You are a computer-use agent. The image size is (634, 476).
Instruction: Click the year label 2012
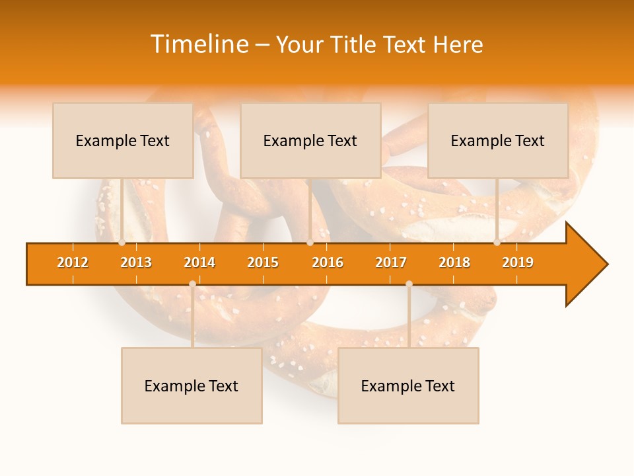(x=73, y=262)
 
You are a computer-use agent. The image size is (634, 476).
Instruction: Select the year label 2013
(x=136, y=262)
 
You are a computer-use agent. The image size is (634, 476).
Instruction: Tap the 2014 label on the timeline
(x=199, y=262)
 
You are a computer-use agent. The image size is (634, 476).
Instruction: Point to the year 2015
(x=263, y=262)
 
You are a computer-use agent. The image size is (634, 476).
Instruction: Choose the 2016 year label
(x=328, y=262)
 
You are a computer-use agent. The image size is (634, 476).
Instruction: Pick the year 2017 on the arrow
(x=391, y=262)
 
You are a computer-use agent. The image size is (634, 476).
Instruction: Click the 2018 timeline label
(x=454, y=262)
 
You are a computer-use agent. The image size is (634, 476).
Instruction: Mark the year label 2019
(x=518, y=262)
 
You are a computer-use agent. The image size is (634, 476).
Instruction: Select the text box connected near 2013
(x=123, y=141)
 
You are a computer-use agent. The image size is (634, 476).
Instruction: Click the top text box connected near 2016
(x=310, y=141)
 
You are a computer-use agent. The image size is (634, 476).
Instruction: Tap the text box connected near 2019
(x=498, y=141)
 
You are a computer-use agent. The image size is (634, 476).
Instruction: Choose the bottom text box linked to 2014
(x=192, y=386)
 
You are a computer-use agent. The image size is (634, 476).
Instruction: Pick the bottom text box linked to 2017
(x=408, y=386)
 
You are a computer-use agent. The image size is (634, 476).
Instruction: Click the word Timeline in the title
(x=199, y=44)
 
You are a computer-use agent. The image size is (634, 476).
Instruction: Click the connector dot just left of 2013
(x=122, y=243)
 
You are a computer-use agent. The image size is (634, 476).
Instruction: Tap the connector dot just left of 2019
(x=497, y=243)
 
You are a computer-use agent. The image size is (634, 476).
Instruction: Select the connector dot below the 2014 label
(x=192, y=284)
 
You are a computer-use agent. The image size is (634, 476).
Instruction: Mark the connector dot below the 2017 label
(x=409, y=284)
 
